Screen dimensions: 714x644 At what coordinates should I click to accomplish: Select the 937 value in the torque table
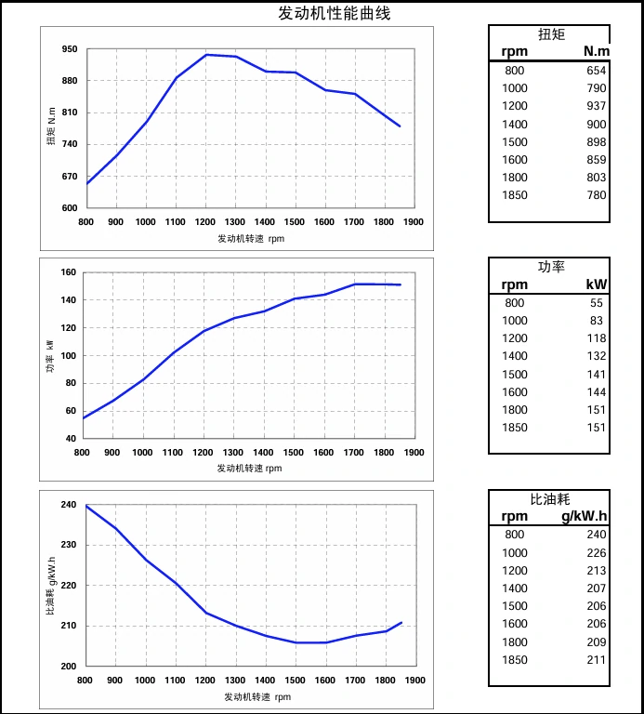(x=596, y=106)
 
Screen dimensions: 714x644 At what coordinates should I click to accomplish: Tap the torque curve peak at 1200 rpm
(x=205, y=55)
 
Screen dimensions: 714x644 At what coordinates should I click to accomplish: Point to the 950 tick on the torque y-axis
(x=70, y=49)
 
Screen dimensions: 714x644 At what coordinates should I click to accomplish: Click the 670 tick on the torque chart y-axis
(x=70, y=177)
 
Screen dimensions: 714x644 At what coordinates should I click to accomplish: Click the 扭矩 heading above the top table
(x=551, y=34)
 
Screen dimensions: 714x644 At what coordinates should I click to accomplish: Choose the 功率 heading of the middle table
(x=551, y=267)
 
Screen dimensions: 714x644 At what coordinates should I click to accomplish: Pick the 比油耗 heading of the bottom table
(x=550, y=499)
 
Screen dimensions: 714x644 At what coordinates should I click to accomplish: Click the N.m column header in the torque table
(x=596, y=51)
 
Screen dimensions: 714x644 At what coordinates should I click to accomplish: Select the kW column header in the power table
(x=596, y=284)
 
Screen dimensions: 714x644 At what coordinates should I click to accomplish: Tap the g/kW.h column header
(x=585, y=517)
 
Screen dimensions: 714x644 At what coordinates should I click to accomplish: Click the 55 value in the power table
(x=596, y=303)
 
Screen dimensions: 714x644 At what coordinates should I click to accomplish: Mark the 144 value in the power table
(x=596, y=392)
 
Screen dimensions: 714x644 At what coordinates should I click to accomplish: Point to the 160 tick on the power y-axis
(x=67, y=272)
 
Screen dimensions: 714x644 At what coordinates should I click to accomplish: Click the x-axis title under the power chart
(x=249, y=469)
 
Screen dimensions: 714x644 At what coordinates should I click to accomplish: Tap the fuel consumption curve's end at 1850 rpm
(x=401, y=622)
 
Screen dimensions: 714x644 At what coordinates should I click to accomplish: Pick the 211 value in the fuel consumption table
(x=596, y=660)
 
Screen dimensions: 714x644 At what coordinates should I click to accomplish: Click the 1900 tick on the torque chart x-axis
(x=414, y=222)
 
